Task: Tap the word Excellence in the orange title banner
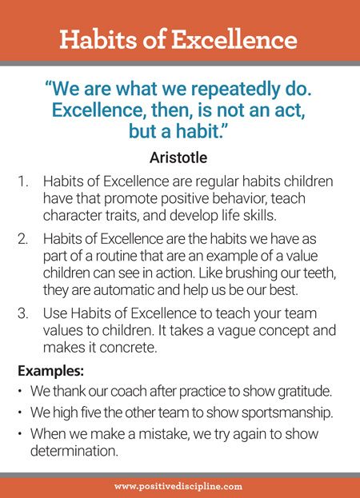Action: coord(234,39)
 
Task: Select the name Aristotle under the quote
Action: coord(178,157)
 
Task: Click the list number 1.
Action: coord(22,181)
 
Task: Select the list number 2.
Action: coord(22,239)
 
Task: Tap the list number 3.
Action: coord(22,313)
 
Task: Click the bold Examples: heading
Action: coord(50,371)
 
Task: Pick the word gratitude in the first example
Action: coord(305,392)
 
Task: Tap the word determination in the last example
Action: coord(74,451)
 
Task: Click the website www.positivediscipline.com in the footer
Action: coord(178,487)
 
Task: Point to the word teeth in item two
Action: coord(320,273)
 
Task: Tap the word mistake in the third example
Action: coord(164,434)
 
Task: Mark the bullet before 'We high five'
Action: coord(20,412)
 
